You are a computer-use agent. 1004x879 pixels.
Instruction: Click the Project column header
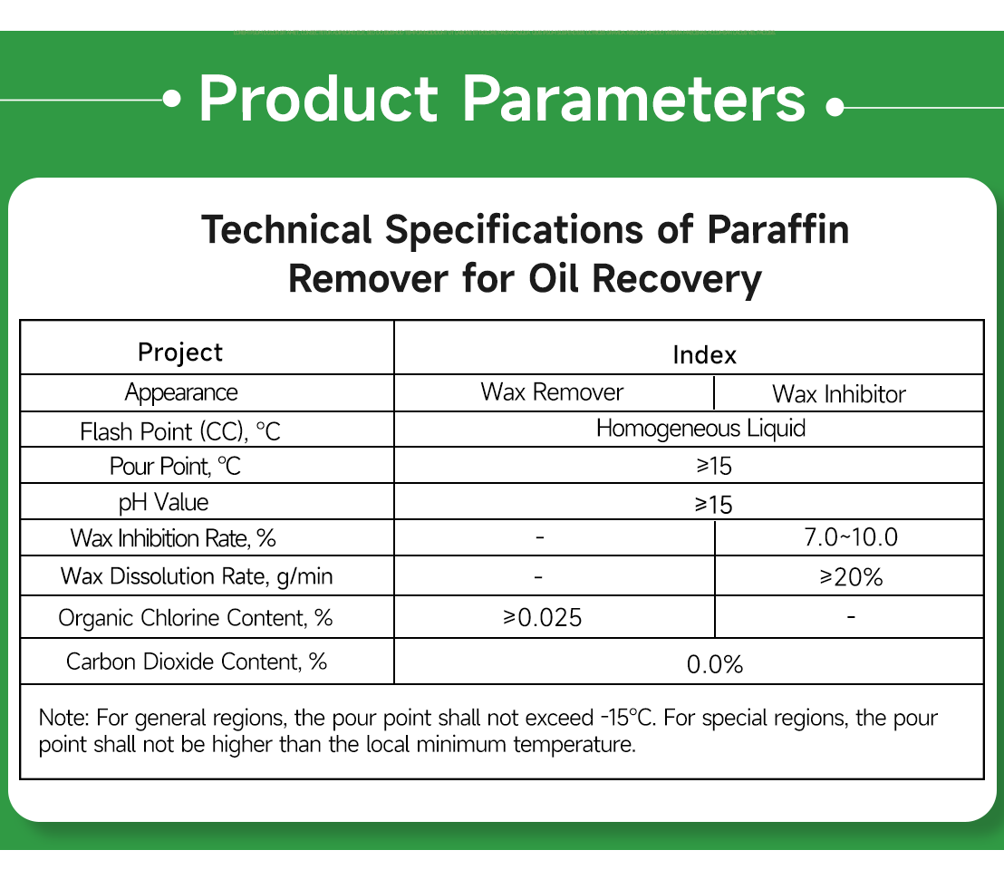179,353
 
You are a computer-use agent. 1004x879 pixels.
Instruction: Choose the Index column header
704,355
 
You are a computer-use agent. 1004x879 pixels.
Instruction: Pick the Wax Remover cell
552,392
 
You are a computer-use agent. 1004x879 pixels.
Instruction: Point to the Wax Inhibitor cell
838,394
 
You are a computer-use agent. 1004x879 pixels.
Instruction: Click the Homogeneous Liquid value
700,428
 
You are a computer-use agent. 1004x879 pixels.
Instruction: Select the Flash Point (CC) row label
180,431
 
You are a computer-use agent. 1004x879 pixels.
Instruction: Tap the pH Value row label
164,502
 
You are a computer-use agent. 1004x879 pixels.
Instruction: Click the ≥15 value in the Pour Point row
712,467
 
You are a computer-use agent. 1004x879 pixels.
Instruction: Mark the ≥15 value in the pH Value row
713,505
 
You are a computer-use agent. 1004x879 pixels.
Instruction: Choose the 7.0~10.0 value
850,537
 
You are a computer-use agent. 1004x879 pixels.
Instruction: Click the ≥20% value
850,576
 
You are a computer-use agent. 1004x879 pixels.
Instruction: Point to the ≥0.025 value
542,618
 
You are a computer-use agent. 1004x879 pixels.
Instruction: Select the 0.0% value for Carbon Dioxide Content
714,665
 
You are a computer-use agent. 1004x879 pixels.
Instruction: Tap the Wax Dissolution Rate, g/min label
190,576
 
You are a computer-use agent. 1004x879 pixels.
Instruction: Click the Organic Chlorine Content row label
195,618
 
